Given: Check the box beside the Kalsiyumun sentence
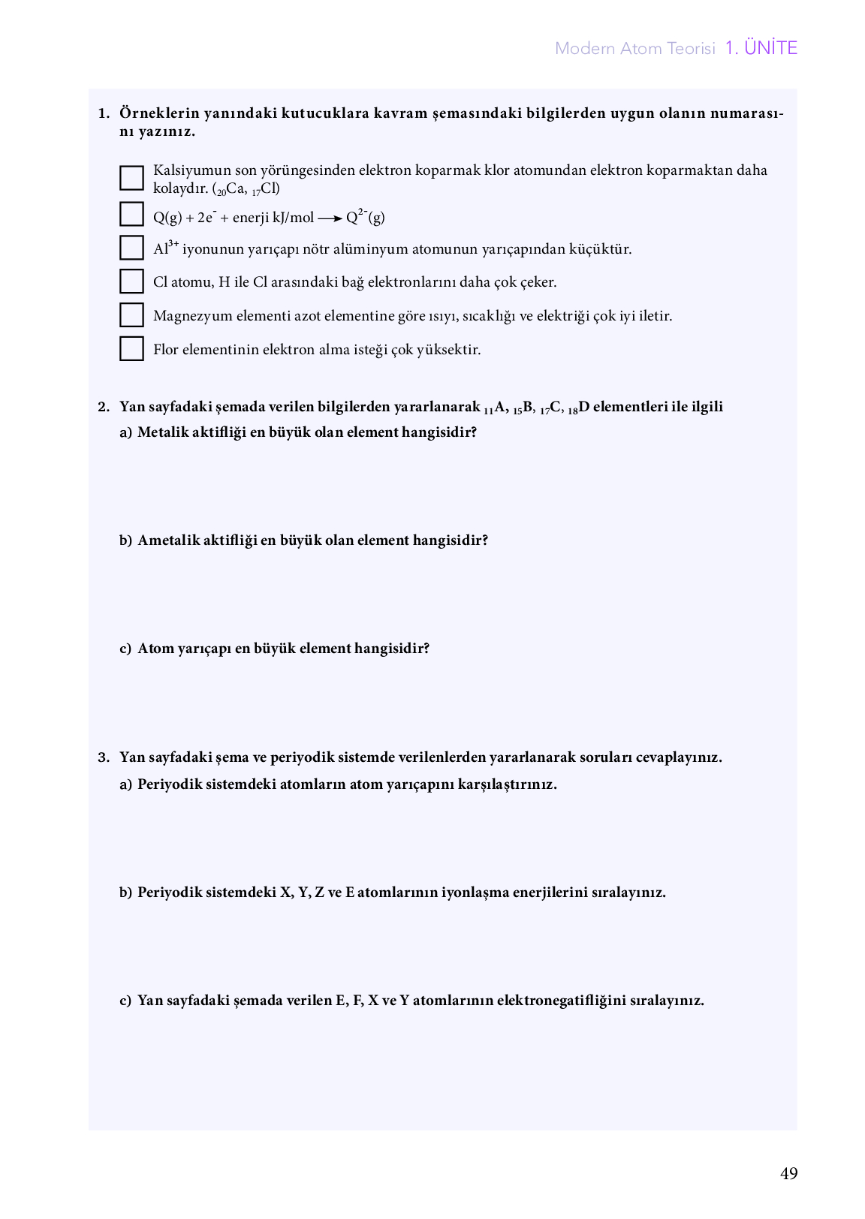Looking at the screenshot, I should point(131,178).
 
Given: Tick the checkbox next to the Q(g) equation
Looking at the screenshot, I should point(131,215).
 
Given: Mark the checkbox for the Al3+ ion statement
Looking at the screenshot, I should point(131,248).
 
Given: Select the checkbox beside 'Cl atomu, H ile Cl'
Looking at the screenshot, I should point(131,281).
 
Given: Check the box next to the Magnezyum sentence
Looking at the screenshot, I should point(131,315).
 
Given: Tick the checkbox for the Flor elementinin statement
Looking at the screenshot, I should point(131,349).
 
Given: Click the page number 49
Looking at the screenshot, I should point(788,1174).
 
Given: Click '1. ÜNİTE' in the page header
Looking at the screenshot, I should point(761,48).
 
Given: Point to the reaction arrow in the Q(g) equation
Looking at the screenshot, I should point(330,218).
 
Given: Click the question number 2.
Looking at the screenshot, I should point(104,407).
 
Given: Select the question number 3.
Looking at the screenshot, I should point(104,757).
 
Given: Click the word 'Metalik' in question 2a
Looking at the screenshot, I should point(160,432).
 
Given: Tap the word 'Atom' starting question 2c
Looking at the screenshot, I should point(155,649).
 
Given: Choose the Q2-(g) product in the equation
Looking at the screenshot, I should point(365,218).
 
